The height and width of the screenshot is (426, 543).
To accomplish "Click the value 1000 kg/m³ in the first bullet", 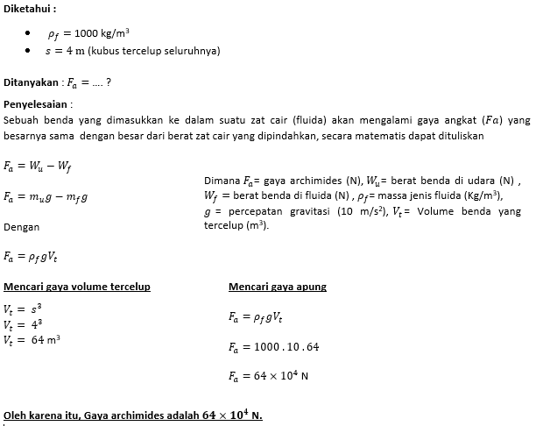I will [102, 33].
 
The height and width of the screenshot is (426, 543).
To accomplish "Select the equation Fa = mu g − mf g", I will [46, 196].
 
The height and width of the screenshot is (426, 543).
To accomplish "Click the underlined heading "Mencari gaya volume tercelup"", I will [77, 287].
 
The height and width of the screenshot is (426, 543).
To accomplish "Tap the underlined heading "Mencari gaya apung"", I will [278, 287].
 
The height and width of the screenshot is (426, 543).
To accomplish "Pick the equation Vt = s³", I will [23, 309].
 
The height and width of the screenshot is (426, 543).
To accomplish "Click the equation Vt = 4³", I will [23, 324].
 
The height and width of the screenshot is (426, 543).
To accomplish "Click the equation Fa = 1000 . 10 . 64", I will [273, 347].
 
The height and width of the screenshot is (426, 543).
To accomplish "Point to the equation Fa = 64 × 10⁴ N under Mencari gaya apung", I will [268, 376].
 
